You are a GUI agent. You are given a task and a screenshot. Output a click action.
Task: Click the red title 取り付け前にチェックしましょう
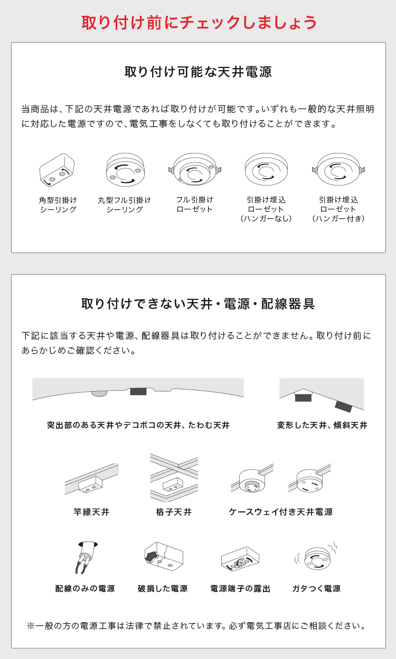pos(199,22)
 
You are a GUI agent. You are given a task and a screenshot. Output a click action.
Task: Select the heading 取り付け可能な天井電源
pos(198,72)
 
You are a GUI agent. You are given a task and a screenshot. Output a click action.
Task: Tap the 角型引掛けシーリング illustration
pos(58,170)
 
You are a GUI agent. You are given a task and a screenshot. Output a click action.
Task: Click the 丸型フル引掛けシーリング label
pos(125,205)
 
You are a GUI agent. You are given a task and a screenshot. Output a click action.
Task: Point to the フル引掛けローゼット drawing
pos(194,169)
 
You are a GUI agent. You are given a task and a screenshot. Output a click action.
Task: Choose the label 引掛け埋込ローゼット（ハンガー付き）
pos(338,209)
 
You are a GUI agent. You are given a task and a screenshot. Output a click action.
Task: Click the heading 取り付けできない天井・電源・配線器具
pos(198,304)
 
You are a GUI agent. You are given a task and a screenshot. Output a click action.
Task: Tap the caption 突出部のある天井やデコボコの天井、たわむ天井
pos(138,425)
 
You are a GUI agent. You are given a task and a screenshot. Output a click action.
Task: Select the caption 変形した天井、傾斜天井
pos(322,425)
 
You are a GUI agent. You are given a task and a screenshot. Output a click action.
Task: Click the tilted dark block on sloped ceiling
pos(344,406)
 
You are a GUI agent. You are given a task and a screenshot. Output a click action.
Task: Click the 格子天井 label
pos(174,512)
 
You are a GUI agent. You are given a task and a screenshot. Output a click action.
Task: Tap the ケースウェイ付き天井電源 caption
pos(281,512)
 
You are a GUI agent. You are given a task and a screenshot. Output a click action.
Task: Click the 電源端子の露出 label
pos(240,588)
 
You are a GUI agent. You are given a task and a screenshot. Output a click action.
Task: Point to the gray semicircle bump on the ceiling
pos(99,393)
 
